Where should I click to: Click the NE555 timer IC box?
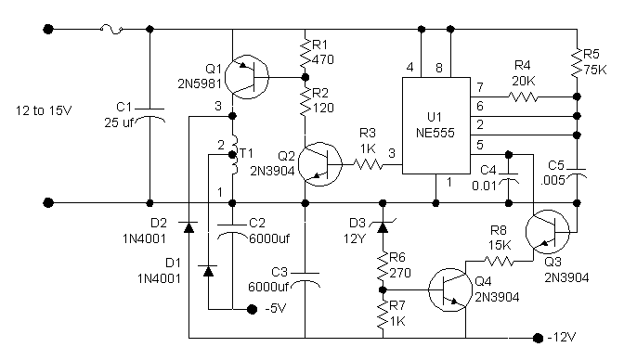coord(436,125)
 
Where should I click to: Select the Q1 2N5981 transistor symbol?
coord(247,77)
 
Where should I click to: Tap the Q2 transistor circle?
coord(320,164)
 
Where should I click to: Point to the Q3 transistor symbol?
coord(548,232)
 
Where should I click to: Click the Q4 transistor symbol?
coord(450,289)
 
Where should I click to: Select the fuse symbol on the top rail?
coord(111,29)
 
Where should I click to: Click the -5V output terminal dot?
coord(252,309)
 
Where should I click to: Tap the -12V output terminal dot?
coord(538,338)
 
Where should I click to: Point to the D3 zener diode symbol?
coord(383,226)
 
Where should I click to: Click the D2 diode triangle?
coord(189,226)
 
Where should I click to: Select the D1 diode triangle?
coord(208,271)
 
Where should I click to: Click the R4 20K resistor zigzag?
coord(523,96)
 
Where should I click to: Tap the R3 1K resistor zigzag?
coord(368,164)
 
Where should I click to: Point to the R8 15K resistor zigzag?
coord(499,261)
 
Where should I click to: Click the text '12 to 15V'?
coord(44,110)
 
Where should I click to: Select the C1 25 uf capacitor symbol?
coord(150,114)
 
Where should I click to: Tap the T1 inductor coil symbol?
coord(234,155)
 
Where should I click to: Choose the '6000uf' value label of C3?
coord(267,287)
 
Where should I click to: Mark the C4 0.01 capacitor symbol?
coord(508,178)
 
